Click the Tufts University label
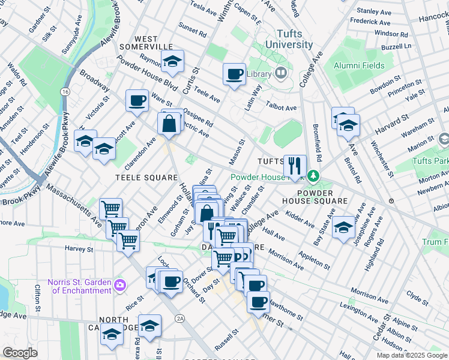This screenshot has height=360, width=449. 286,40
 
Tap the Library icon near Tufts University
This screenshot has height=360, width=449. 280,74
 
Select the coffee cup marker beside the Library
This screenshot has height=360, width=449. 234,75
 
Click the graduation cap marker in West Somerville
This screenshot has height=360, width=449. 172,61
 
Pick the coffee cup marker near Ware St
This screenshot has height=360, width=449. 137,100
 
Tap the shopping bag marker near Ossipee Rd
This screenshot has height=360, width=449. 169,124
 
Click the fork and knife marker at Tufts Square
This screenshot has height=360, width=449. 294,165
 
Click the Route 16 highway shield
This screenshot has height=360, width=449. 64,91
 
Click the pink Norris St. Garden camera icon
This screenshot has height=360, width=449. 119,284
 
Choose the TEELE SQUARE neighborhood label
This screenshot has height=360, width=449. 147,178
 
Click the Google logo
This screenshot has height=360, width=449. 20,353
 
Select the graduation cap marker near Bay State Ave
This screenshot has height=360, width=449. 343,227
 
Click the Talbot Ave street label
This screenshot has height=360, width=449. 281,108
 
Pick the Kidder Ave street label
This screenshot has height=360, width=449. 300,219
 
